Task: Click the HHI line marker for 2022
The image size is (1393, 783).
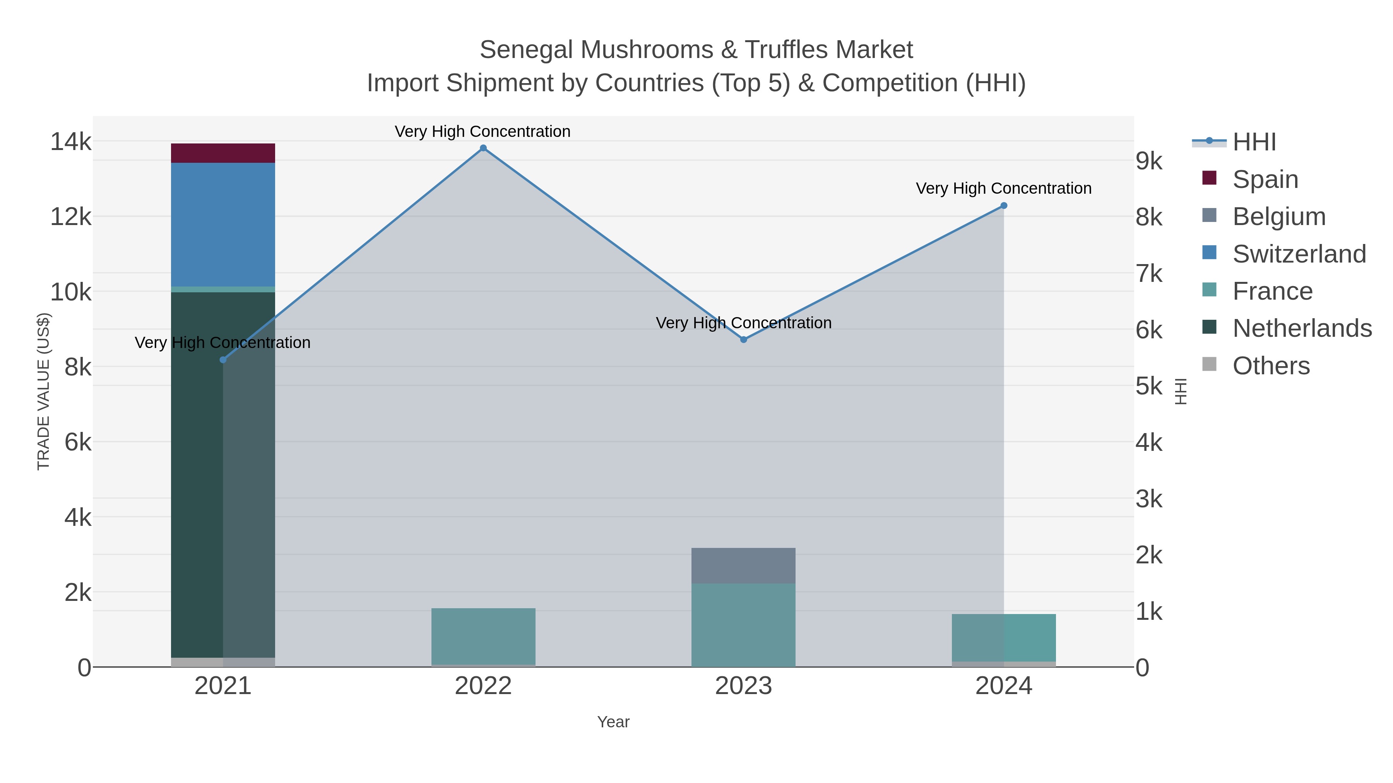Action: pyautogui.click(x=483, y=148)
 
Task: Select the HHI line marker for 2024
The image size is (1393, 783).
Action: pyautogui.click(x=1004, y=205)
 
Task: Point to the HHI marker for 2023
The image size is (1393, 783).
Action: pyautogui.click(x=744, y=339)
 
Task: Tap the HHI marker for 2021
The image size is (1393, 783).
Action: pyautogui.click(x=223, y=360)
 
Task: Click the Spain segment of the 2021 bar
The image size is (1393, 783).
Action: pyautogui.click(x=223, y=153)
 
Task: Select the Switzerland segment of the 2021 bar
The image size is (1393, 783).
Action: pyautogui.click(x=223, y=224)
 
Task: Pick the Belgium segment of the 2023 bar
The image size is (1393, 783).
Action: pyautogui.click(x=744, y=565)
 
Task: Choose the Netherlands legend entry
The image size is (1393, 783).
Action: pyautogui.click(x=1302, y=328)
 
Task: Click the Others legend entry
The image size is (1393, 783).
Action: pyautogui.click(x=1271, y=366)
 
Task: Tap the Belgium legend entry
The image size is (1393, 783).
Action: pyautogui.click(x=1279, y=217)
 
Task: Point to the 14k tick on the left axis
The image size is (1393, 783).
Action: pyautogui.click(x=71, y=142)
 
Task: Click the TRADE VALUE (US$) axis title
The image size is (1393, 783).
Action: pyautogui.click(x=43, y=391)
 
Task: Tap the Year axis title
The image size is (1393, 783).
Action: pyautogui.click(x=613, y=722)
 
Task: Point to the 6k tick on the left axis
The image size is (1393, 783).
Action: pyautogui.click(x=78, y=442)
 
